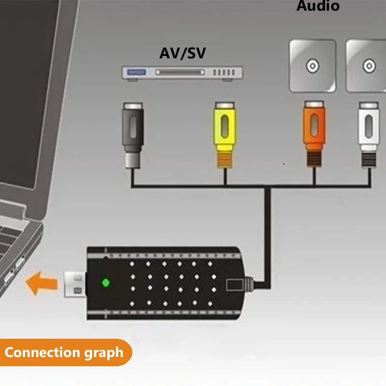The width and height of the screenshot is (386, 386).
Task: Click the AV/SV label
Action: [182, 53]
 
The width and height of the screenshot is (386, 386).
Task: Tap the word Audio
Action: [317, 6]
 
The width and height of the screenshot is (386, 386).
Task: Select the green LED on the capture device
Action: [105, 282]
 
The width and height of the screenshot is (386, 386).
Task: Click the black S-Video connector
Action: [133, 128]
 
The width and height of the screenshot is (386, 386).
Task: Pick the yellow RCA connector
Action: [225, 128]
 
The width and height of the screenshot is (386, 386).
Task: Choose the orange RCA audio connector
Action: [314, 128]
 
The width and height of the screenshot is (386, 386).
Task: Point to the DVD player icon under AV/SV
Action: [182, 72]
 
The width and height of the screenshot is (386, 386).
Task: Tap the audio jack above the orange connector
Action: [313, 66]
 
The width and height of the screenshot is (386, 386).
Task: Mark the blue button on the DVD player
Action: [137, 72]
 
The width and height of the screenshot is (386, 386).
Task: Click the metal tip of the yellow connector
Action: [225, 160]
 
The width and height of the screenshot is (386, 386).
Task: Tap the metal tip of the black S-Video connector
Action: [133, 160]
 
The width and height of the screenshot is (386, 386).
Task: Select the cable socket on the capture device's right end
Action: [235, 284]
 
